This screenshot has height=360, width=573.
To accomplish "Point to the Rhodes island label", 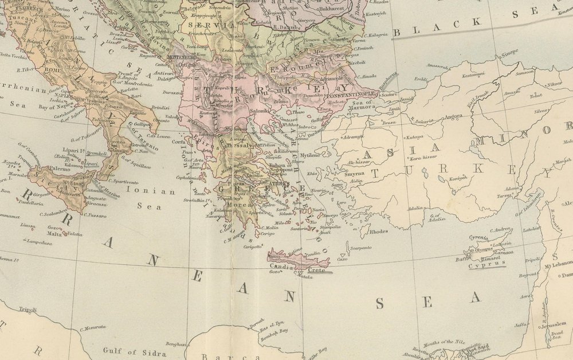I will (379, 232).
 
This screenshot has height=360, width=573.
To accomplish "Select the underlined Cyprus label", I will (487, 265).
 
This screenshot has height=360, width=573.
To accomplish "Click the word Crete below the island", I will (316, 270).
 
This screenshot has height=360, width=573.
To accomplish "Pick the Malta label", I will (54, 234).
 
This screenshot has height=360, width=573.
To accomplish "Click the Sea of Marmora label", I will (363, 104).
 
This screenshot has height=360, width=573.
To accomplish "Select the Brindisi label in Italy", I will (161, 107).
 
